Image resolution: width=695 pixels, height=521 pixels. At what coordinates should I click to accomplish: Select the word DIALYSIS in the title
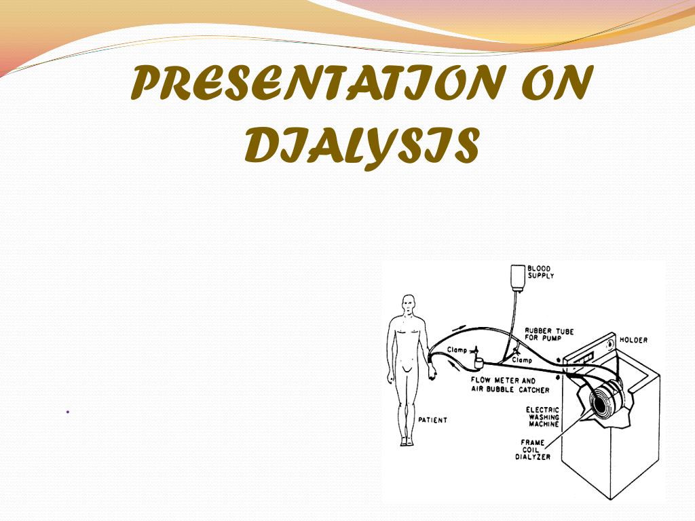[x=362, y=145]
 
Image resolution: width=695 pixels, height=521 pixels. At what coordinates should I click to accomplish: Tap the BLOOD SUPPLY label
[x=540, y=272]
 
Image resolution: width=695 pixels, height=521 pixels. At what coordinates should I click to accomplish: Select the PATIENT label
[x=432, y=420]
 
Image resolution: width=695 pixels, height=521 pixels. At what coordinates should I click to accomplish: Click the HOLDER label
[x=633, y=340]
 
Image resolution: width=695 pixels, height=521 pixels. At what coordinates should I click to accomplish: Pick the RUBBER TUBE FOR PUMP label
[x=549, y=336]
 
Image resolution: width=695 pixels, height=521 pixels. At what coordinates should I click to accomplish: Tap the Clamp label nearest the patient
[x=457, y=350]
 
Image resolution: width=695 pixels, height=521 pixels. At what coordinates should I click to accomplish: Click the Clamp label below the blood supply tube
[x=522, y=360]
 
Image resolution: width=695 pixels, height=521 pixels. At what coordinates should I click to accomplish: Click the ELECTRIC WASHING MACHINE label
[x=543, y=417]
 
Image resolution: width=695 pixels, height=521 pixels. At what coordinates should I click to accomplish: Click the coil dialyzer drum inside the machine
[x=601, y=406]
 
